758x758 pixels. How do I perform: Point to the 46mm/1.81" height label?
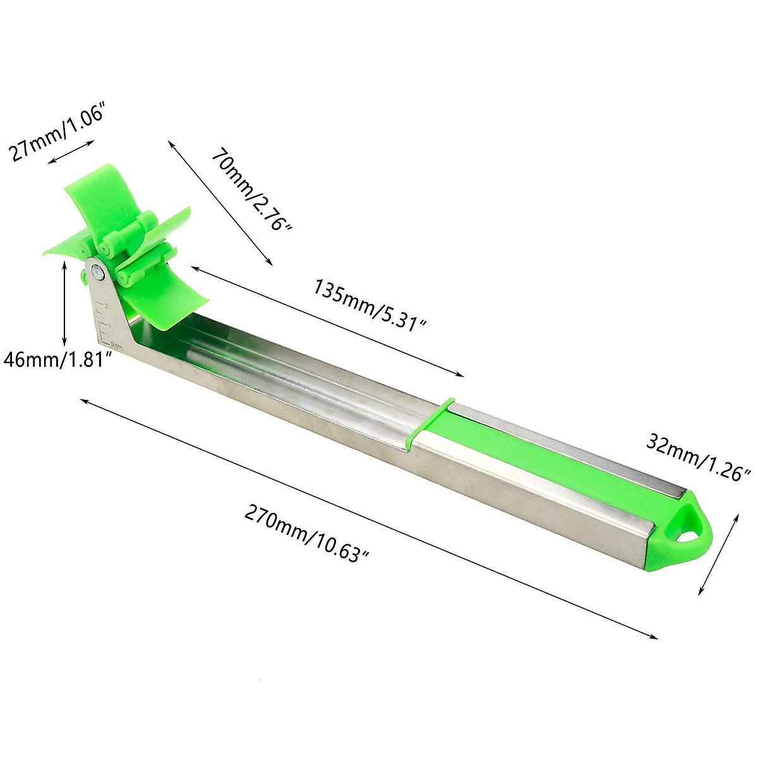(58, 359)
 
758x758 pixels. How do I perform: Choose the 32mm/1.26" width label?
(697, 456)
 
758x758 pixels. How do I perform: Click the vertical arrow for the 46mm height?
(64, 303)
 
